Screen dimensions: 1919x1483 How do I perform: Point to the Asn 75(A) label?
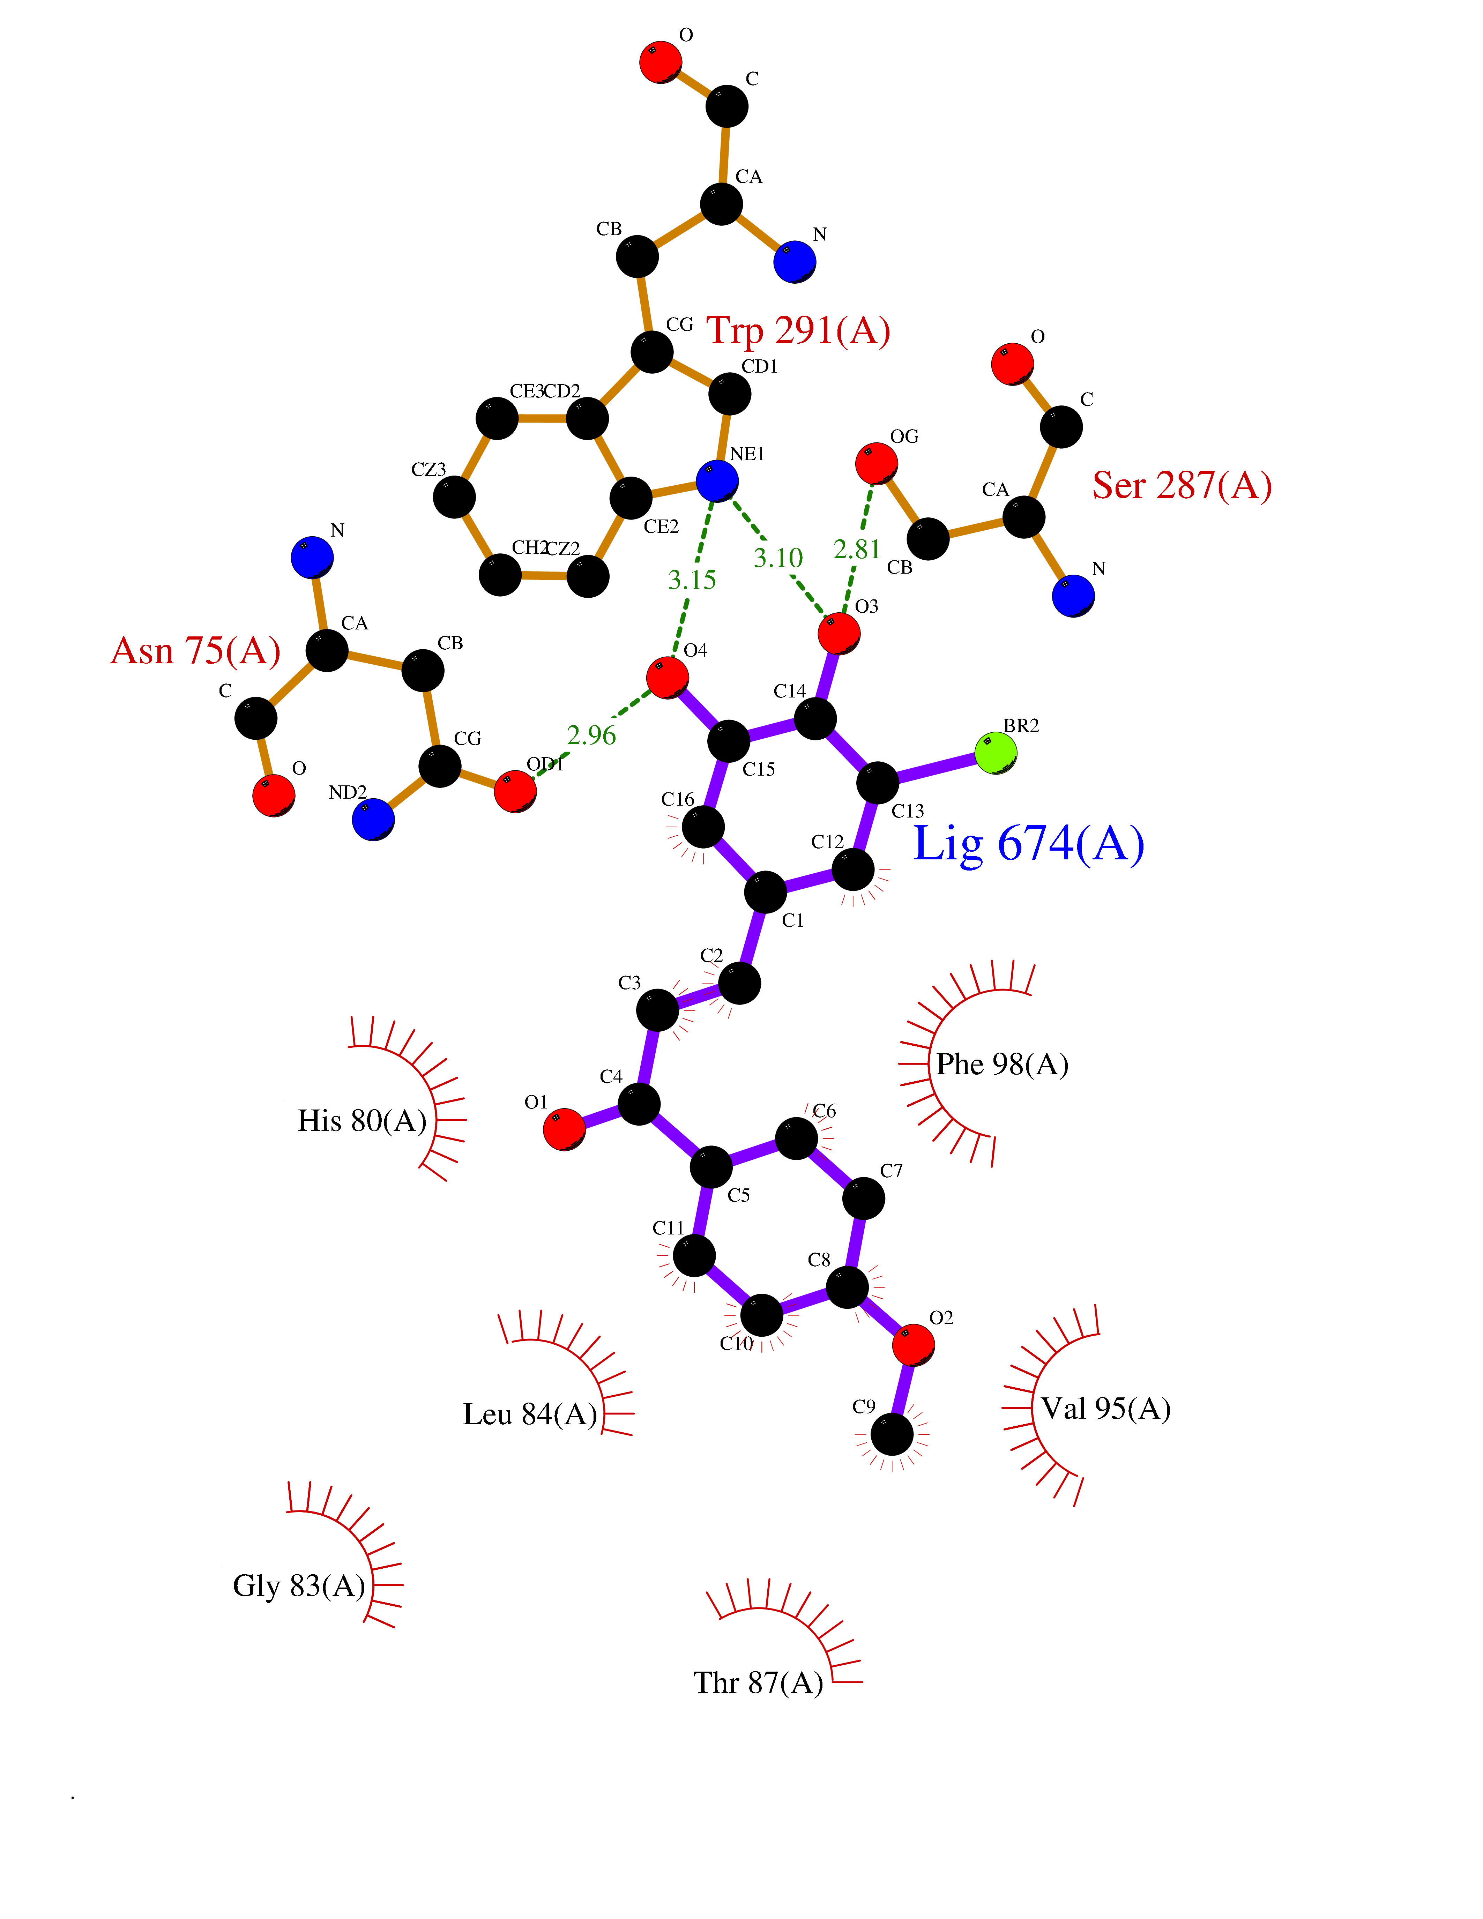(195, 651)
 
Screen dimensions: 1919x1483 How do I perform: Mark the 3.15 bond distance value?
(691, 580)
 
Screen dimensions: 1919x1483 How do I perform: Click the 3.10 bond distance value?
(777, 558)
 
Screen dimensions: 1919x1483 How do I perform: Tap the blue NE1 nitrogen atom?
(717, 481)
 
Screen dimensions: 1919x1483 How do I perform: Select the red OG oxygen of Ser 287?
(876, 463)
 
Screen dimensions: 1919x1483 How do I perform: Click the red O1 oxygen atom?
(564, 1129)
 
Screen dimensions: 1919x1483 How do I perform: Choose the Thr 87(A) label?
(757, 1683)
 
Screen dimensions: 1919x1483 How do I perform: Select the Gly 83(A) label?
(299, 1586)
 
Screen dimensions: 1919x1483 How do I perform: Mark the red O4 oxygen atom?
(667, 678)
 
